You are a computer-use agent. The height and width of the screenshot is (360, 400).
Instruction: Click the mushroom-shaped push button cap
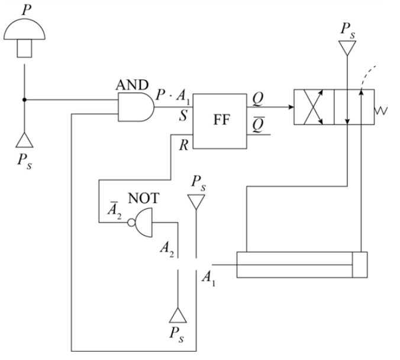coord(24,27)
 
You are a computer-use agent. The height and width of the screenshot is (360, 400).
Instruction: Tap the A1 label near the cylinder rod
coord(208,277)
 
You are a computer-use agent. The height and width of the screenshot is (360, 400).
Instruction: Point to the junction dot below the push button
coord(24,99)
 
